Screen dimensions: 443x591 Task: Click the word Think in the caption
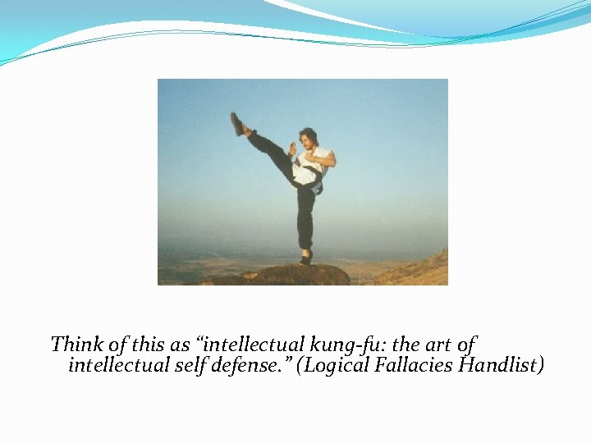point(74,344)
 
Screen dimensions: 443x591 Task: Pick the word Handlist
point(503,364)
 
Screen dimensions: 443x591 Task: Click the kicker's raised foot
point(237,123)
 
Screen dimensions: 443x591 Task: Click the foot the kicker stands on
point(306,258)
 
